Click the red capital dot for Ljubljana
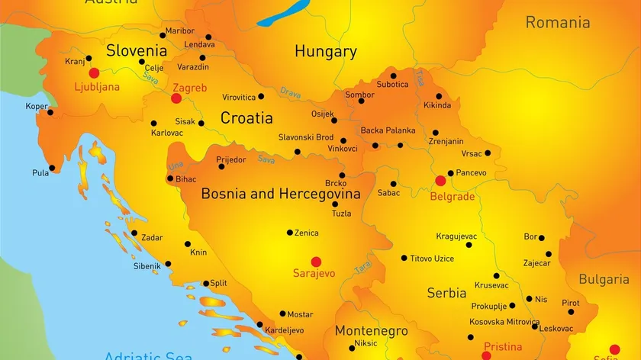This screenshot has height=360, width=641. click(95, 73)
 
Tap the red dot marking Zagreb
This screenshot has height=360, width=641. click(176, 98)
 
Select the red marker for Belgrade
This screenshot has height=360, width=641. click(440, 181)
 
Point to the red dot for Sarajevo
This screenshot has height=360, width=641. click(314, 260)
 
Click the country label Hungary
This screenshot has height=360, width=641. click(326, 52)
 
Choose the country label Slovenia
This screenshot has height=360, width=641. click(137, 51)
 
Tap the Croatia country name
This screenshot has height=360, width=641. click(246, 118)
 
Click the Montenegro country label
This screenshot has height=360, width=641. click(371, 332)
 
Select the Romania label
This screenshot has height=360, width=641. click(557, 22)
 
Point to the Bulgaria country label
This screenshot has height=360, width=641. click(604, 279)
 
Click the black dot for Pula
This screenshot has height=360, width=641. click(52, 168)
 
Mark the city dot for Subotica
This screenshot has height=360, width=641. click(394, 76)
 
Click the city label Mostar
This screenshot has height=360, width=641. click(301, 314)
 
